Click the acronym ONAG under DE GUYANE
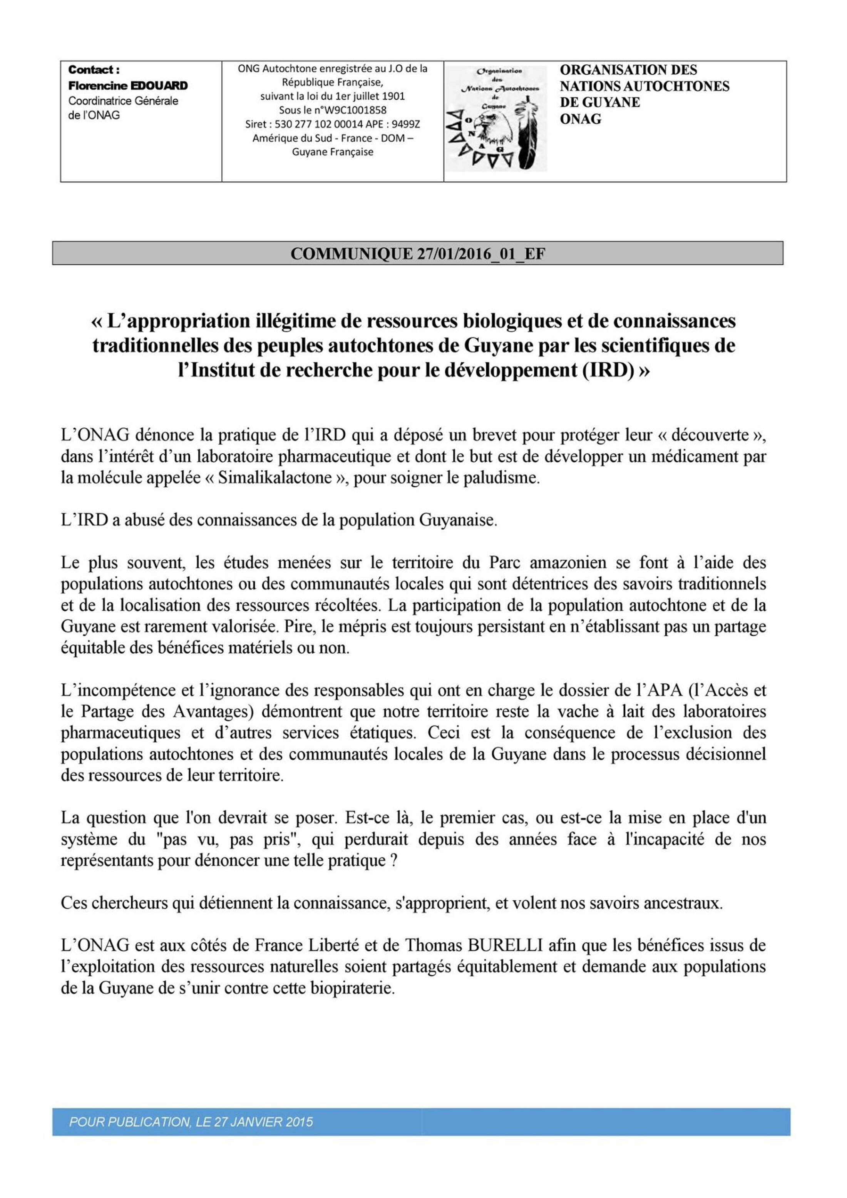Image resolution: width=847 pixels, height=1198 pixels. (580, 119)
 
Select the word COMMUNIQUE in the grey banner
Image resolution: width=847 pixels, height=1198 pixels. (351, 254)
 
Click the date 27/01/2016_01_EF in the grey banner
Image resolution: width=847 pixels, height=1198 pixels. (480, 254)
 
